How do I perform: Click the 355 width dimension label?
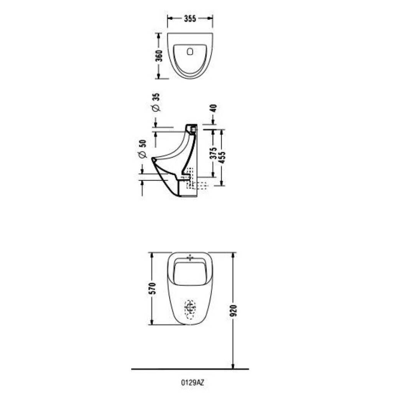tap(190, 19)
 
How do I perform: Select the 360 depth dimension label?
tap(159, 56)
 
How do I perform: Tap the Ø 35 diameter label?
tap(156, 102)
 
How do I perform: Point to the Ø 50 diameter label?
tap(142, 149)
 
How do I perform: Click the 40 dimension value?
tap(214, 108)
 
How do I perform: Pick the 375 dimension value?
tap(213, 153)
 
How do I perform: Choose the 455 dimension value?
tap(222, 157)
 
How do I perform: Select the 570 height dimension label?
tap(152, 288)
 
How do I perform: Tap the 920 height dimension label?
tap(233, 311)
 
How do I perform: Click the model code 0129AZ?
tap(192, 383)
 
